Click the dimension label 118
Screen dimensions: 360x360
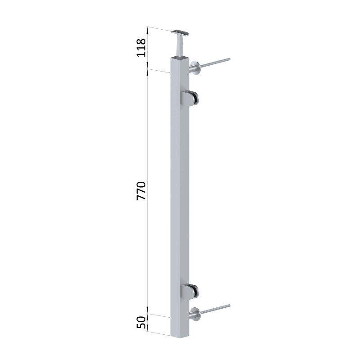coord(141,48)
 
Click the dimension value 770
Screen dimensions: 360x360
coord(141,191)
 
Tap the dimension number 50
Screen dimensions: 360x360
coord(141,322)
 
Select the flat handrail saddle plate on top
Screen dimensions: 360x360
coord(180,33)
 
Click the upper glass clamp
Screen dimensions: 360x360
coord(189,98)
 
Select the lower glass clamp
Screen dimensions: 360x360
coord(189,291)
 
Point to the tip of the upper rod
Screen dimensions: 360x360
coord(229,59)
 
